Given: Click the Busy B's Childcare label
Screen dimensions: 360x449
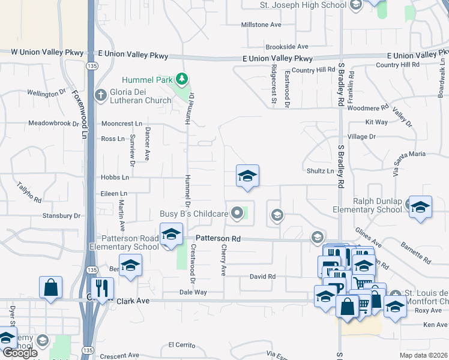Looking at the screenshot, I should pos(194,214).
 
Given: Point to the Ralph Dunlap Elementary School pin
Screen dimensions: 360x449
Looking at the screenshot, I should pos(420,207).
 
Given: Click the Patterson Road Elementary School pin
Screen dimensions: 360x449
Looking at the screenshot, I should pos(171,234).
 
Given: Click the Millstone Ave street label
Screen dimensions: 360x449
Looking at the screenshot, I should pos(261,25).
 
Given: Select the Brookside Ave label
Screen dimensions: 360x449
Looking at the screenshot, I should pos(287,46).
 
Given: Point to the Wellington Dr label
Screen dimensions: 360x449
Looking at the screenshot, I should pos(46,93).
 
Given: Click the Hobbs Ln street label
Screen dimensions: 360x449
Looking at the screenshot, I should pos(115,178).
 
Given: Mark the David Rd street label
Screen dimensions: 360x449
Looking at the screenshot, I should pos(262,277).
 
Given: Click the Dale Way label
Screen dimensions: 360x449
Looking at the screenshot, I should pos(193,292).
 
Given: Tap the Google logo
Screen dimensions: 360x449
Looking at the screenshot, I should pos(20,353).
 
